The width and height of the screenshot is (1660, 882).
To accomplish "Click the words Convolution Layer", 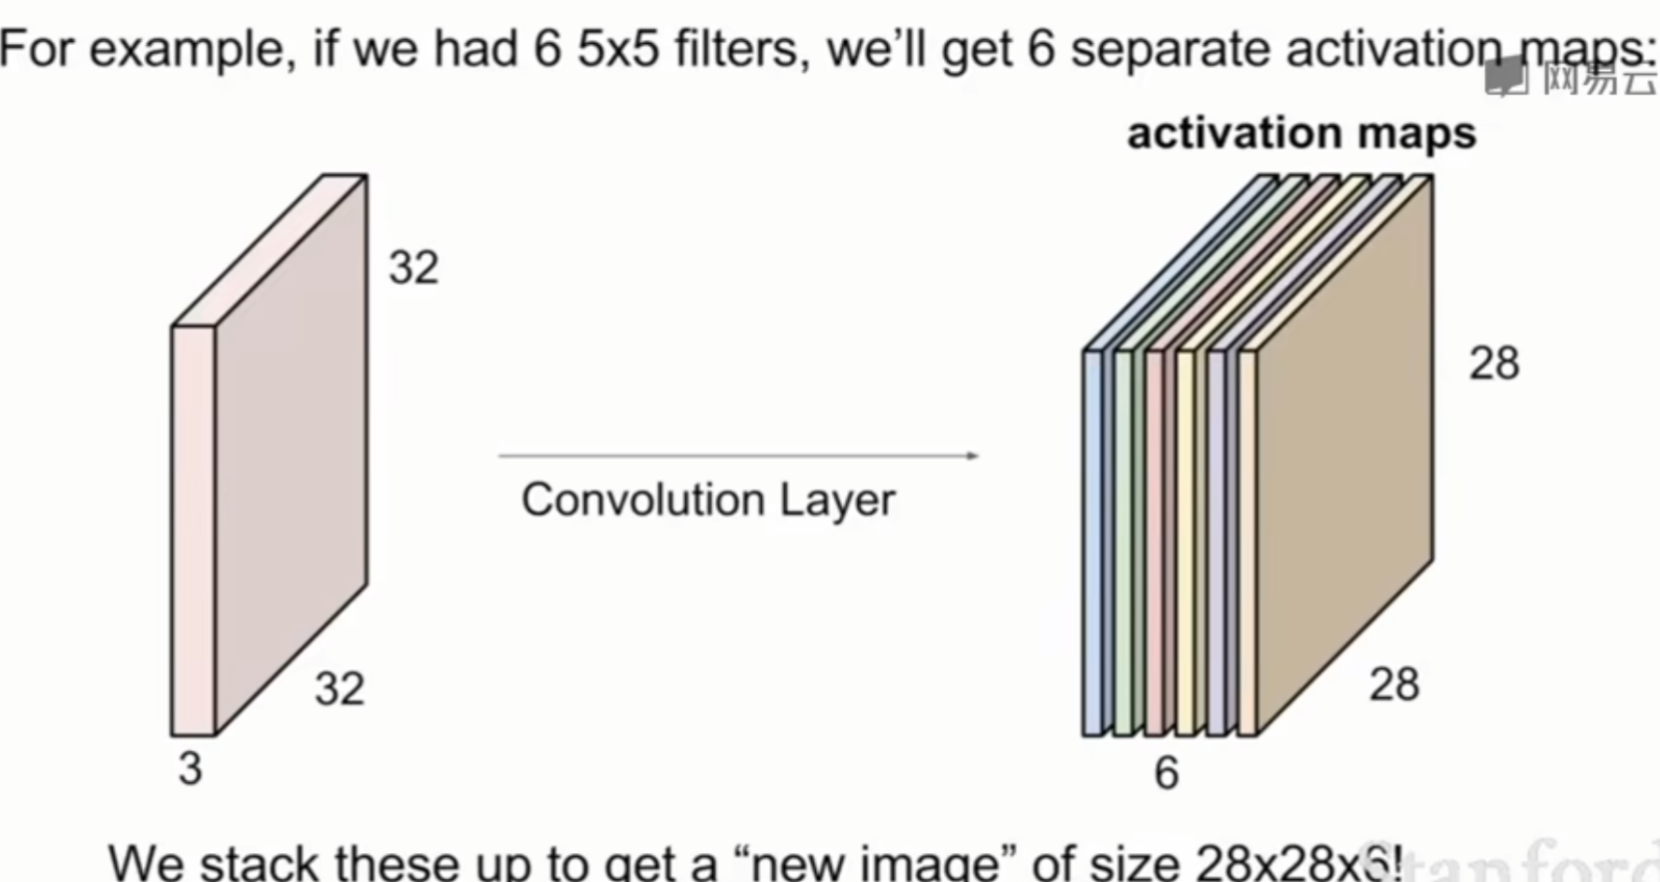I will [708, 500].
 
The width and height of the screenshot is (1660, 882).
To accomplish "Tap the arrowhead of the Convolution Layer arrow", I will [973, 456].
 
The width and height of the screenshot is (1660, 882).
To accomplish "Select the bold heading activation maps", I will [1301, 134].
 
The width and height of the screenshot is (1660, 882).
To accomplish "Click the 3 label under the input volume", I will [191, 768].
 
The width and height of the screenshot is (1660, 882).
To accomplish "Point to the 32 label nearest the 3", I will [339, 689].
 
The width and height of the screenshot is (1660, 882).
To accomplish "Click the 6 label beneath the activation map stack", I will [1166, 773].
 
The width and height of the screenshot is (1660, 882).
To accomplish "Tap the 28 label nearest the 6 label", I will [1394, 685].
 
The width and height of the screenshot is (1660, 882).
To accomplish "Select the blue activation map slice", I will [1093, 542].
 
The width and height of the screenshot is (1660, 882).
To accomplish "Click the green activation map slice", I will [1123, 542].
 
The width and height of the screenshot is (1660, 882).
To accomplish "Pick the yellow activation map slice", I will [1185, 542].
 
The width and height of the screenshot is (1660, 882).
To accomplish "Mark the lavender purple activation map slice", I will [1216, 542].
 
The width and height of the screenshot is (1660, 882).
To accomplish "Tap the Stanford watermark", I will [1533, 860].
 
